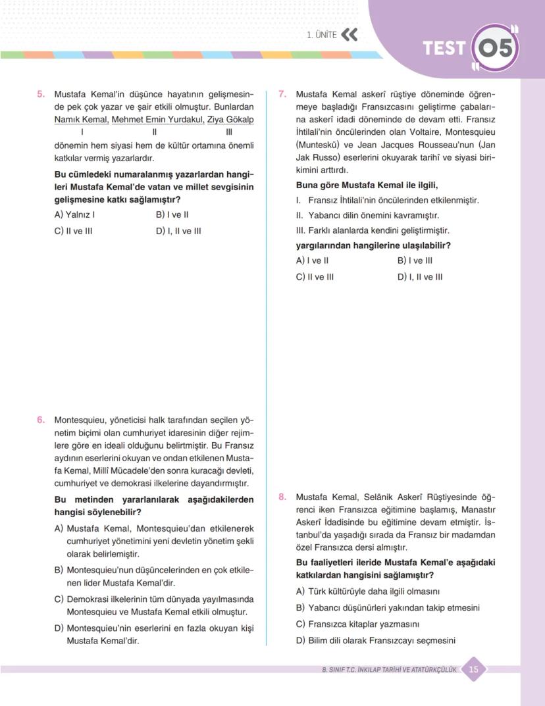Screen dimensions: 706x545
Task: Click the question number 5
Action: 41,94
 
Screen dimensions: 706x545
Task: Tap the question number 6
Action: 41,419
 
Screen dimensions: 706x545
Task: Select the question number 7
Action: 282,94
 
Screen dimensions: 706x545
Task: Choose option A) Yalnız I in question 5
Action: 74,214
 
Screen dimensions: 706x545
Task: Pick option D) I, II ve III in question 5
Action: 178,231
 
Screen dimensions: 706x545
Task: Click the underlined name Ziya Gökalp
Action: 230,120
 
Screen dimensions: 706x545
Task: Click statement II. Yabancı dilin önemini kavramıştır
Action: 367,215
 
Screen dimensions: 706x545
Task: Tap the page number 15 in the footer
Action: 474,670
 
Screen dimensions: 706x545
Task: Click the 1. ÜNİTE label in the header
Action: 322,35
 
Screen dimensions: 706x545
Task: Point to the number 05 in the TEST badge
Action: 496,49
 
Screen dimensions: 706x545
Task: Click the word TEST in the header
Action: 444,49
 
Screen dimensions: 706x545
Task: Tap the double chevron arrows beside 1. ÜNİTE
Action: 350,35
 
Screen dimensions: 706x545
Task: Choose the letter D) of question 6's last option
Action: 59,628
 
